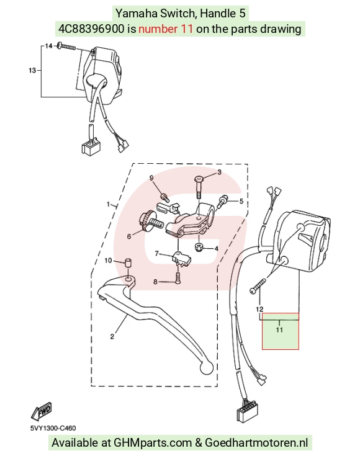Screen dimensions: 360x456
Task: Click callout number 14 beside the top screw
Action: [x=48, y=46]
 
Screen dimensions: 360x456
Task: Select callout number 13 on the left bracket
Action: [x=32, y=70]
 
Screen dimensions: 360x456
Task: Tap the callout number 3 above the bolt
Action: [x=220, y=172]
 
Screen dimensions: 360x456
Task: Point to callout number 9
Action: [x=151, y=178]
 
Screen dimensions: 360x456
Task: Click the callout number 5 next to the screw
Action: [x=241, y=201]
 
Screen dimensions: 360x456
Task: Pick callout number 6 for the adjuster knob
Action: [x=129, y=237]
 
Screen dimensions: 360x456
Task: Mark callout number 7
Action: [x=155, y=282]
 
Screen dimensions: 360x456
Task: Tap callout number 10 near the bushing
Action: [x=108, y=261]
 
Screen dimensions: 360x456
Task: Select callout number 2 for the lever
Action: [x=112, y=337]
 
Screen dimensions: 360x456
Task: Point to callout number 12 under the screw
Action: [x=260, y=309]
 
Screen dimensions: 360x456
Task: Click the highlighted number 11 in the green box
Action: [x=279, y=330]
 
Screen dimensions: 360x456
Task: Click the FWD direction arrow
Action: [x=42, y=411]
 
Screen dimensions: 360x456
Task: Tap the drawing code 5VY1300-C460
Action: [x=53, y=428]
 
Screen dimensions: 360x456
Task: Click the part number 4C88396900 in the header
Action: [x=91, y=29]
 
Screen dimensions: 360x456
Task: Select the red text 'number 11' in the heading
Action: [x=166, y=29]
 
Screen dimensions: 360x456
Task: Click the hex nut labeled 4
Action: [x=199, y=248]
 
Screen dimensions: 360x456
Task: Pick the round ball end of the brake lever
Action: [x=206, y=367]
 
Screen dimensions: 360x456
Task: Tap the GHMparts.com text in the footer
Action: [x=153, y=443]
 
